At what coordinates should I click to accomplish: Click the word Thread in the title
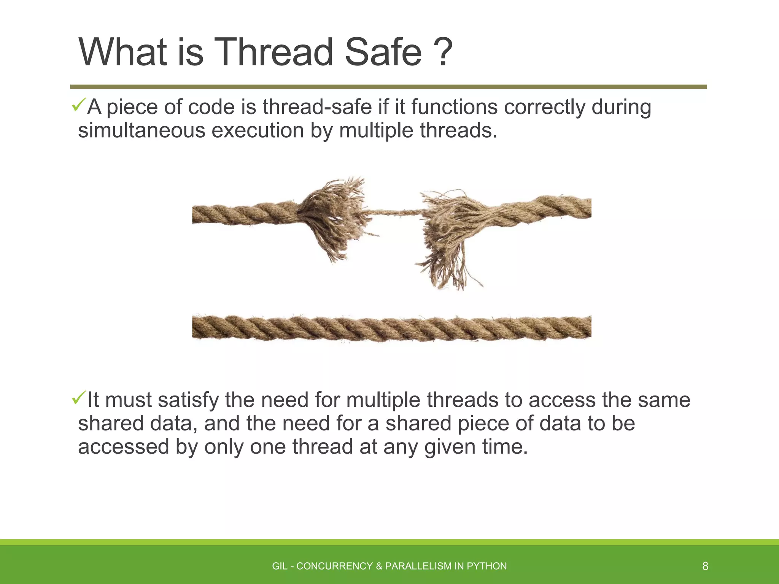click(274, 52)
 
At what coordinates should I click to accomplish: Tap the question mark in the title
click(443, 52)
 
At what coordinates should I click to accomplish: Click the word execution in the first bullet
click(258, 130)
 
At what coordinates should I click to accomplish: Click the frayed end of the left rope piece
click(335, 217)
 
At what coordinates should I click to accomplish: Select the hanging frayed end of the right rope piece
click(449, 262)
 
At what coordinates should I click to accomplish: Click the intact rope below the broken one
click(392, 328)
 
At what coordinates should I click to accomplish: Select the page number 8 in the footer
click(705, 567)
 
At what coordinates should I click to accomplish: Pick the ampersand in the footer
click(379, 567)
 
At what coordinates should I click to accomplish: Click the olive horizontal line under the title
click(388, 87)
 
